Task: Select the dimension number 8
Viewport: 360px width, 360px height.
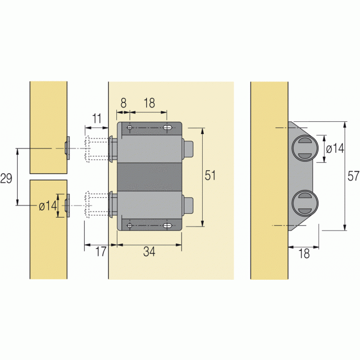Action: point(123,103)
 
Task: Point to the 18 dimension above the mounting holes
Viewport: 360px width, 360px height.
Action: point(148,103)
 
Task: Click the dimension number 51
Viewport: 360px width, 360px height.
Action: point(210,176)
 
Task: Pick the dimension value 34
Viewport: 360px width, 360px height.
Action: point(149,252)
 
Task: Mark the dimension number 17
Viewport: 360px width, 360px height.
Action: point(100,252)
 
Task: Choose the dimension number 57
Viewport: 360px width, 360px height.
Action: point(353,177)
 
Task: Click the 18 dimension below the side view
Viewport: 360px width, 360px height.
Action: point(304,254)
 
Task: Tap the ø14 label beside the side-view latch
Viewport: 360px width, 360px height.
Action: point(335,148)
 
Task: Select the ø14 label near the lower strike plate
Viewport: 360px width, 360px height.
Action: point(48,205)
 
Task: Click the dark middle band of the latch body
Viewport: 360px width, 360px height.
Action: point(150,177)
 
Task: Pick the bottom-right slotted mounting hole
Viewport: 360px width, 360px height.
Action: point(167,226)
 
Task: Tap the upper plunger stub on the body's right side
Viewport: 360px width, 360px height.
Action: point(188,148)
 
